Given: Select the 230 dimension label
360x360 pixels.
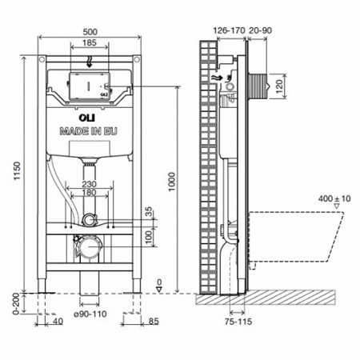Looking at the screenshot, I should point(90,183).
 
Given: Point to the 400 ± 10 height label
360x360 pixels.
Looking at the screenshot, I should point(335,197).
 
